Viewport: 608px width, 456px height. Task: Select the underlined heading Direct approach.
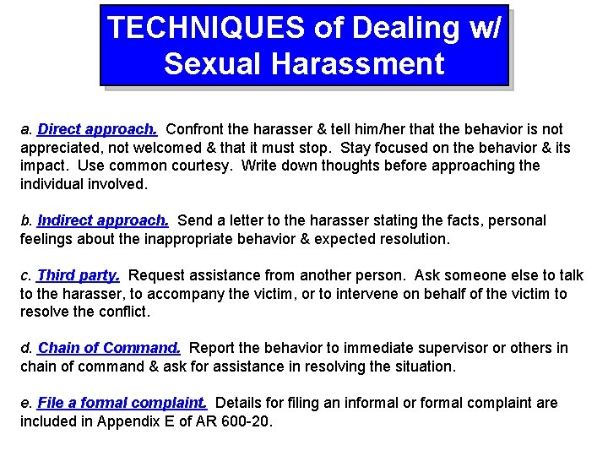97,129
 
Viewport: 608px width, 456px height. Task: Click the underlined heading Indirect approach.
103,220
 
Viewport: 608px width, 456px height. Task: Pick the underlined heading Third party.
79,275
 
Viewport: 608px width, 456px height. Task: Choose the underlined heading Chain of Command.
109,348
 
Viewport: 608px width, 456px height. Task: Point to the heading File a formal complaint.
122,403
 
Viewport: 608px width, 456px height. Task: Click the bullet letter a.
25,130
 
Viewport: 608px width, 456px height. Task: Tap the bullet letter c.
25,275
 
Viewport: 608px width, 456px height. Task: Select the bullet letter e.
25,403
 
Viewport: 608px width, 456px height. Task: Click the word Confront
196,129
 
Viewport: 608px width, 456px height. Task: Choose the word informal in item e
350,403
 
